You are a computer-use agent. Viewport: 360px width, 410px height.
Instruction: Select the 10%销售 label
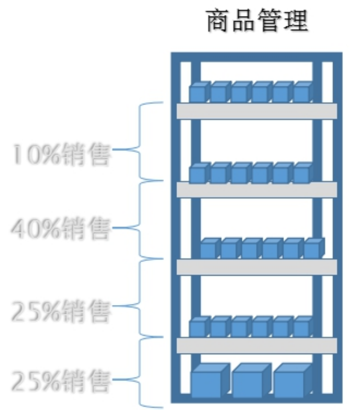[61, 154]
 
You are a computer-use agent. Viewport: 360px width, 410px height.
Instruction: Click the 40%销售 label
[60, 228]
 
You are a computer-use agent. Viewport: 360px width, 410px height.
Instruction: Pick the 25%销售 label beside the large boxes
[60, 380]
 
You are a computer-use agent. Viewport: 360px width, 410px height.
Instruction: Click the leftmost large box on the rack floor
[210, 380]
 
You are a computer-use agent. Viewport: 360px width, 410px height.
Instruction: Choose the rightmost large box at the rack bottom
[293, 380]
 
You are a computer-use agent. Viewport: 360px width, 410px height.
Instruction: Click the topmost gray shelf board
[256, 111]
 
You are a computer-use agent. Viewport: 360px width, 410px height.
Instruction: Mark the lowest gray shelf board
[256, 345]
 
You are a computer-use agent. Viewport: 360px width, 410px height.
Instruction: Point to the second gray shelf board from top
[256, 189]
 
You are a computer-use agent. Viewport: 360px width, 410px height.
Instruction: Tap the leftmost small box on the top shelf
[199, 91]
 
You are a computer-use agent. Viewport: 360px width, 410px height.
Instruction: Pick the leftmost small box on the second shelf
[199, 172]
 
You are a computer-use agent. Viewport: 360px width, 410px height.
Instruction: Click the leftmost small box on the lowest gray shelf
[199, 326]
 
